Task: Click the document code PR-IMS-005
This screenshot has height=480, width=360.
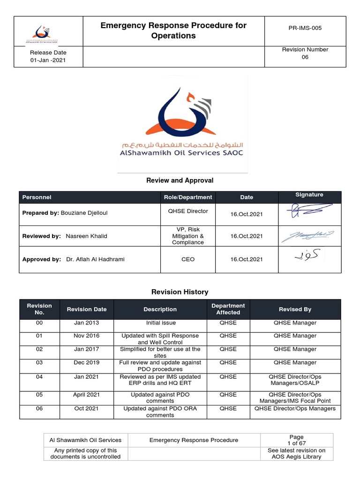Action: [x=305, y=28]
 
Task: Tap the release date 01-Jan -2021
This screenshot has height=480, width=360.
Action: [x=48, y=61]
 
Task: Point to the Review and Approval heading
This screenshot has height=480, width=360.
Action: [x=180, y=180]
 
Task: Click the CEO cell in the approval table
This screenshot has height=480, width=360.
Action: [x=187, y=259]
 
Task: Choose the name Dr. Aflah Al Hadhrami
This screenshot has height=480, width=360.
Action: [x=96, y=259]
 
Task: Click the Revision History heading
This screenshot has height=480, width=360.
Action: [x=180, y=292]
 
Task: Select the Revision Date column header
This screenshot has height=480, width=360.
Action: [x=87, y=309]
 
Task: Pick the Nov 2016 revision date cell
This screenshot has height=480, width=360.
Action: [x=87, y=336]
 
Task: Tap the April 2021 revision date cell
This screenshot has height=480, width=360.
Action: [x=87, y=395]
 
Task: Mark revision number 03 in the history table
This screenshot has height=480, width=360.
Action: [x=39, y=363]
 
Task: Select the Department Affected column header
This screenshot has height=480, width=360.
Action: [x=228, y=309]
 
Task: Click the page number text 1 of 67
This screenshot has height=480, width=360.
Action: [x=296, y=443]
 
